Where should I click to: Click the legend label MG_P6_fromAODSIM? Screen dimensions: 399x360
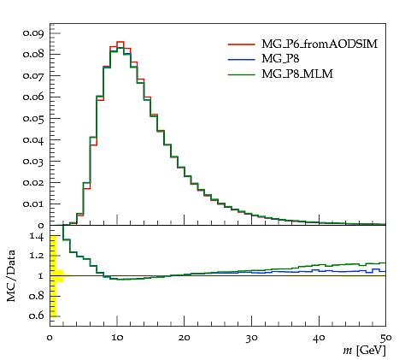click(x=320, y=44)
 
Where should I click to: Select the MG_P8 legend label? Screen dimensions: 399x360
click(x=280, y=59)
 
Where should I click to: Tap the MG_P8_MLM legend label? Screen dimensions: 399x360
click(x=297, y=74)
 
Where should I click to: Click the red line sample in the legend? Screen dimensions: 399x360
click(x=241, y=44)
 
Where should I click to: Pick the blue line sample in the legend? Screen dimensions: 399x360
click(x=241, y=59)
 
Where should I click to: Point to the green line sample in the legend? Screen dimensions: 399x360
click(x=241, y=74)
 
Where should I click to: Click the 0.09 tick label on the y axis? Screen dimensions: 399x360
click(x=33, y=33)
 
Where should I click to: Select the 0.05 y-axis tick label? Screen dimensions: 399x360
click(x=33, y=118)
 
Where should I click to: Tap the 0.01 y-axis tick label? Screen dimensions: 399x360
click(x=33, y=204)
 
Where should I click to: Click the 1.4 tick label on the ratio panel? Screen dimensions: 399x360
click(x=37, y=236)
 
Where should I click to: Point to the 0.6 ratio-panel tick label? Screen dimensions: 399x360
click(x=37, y=316)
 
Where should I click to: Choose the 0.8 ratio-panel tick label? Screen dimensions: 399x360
click(x=37, y=296)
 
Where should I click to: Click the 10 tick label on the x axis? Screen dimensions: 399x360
click(x=117, y=338)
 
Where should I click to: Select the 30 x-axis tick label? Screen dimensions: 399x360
click(x=252, y=338)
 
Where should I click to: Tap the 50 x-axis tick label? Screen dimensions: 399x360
click(x=385, y=338)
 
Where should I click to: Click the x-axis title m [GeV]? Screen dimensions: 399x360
click(x=364, y=351)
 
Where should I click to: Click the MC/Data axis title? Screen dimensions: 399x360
click(x=11, y=276)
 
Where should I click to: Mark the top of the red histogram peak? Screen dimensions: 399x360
click(x=120, y=42)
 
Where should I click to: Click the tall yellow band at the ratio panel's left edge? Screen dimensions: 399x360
click(x=53, y=275)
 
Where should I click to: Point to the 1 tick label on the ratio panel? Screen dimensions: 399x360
click(x=41, y=276)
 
